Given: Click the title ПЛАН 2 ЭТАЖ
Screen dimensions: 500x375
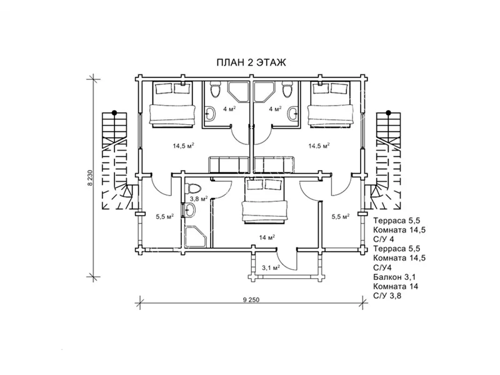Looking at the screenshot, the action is [x=251, y=62].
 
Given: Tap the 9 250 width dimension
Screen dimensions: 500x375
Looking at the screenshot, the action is [x=251, y=300].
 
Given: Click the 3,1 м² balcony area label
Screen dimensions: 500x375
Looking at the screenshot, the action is [x=271, y=268].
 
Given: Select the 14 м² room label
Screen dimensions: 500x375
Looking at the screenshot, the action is [x=267, y=237].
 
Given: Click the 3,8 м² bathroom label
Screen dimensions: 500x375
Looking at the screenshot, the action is [x=199, y=199].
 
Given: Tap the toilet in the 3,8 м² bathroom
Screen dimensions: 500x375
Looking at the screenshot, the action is [x=194, y=188].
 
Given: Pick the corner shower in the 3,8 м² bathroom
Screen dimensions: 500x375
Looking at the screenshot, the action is [x=196, y=237].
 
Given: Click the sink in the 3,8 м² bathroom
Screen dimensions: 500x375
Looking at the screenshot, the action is [x=190, y=211].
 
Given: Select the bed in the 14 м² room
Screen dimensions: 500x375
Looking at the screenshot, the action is [x=264, y=201].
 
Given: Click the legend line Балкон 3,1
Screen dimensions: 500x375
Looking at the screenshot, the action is [x=394, y=277].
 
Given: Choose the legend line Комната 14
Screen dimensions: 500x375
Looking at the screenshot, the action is [x=396, y=286].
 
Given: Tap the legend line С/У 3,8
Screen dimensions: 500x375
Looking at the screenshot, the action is [x=387, y=296].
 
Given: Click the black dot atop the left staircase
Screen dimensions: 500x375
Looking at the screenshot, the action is [x=114, y=112].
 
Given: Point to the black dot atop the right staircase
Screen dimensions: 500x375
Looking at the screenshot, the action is [x=388, y=112].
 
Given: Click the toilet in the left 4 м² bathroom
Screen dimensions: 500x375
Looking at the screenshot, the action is [x=215, y=89].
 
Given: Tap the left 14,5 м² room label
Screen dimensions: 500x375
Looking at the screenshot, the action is [x=184, y=146].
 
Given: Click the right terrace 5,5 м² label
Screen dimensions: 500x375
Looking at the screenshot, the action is [x=341, y=216].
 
